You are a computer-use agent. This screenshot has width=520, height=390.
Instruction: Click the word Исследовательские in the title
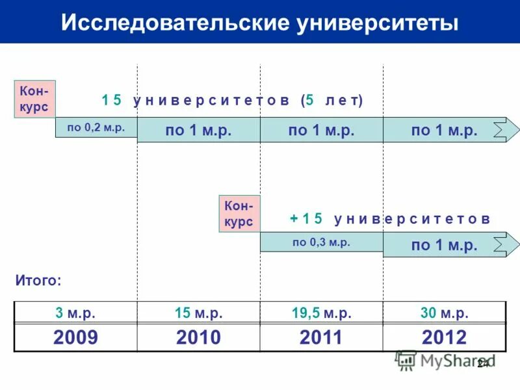[x=175, y=23]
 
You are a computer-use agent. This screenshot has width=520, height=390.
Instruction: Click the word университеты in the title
[x=378, y=23]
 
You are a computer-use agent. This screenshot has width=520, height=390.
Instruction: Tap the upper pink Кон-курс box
[x=34, y=99]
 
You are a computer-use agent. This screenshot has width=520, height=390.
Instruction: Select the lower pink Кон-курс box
[x=239, y=214]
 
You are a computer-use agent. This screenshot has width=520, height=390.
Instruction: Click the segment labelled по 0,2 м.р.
[x=96, y=128]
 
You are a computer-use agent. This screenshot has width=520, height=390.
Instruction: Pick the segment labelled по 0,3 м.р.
[x=321, y=242]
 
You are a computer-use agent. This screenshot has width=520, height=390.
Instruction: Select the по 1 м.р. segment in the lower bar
[x=444, y=245]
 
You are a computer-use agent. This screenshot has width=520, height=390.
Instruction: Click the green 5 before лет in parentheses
[x=310, y=101]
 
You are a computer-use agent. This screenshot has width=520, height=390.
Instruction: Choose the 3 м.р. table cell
[x=75, y=313]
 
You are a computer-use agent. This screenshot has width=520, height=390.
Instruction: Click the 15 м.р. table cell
[x=198, y=313]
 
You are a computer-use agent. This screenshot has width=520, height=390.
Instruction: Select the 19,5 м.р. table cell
[x=321, y=313]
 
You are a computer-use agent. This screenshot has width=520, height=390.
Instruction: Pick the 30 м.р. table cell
[x=444, y=313]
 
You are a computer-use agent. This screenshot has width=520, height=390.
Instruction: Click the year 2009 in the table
[x=75, y=337]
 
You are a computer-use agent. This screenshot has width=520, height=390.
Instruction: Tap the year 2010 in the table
[x=198, y=337]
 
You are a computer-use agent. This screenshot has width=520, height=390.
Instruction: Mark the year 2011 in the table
[x=321, y=337]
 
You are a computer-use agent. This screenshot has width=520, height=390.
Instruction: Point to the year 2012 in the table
[x=444, y=337]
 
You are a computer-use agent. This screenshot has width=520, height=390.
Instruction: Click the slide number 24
[x=482, y=363]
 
